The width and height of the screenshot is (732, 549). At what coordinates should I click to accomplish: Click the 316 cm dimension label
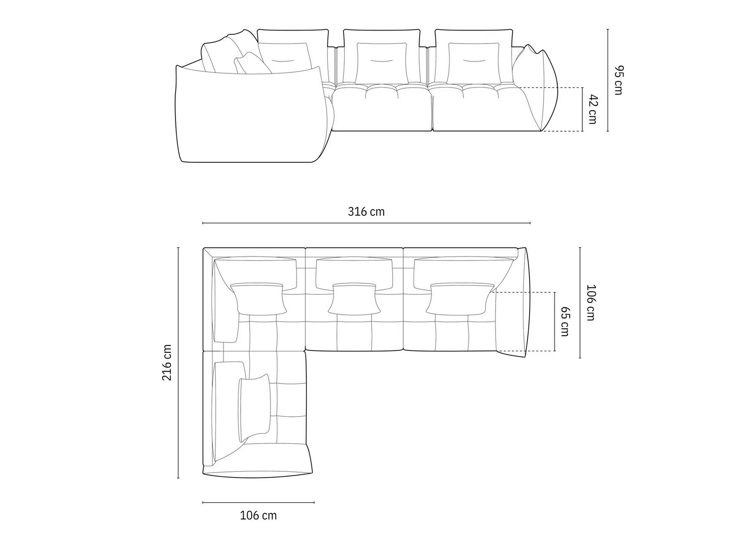click(366, 212)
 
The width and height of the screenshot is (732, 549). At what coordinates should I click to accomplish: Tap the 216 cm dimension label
click(167, 362)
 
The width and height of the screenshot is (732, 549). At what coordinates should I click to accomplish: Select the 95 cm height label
click(617, 80)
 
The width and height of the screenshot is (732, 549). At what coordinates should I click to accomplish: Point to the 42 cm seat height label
click(592, 109)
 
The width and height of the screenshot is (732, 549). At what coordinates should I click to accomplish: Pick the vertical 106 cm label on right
click(590, 303)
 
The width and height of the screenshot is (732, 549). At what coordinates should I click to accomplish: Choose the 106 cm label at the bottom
click(258, 515)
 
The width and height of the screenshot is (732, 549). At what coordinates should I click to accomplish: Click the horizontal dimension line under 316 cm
click(366, 223)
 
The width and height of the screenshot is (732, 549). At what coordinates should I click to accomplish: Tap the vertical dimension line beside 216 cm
click(178, 362)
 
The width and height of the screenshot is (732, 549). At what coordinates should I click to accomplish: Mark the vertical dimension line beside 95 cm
click(608, 80)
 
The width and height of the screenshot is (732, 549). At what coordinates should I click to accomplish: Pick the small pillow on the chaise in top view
click(255, 408)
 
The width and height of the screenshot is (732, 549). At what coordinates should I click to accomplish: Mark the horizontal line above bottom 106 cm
click(258, 502)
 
